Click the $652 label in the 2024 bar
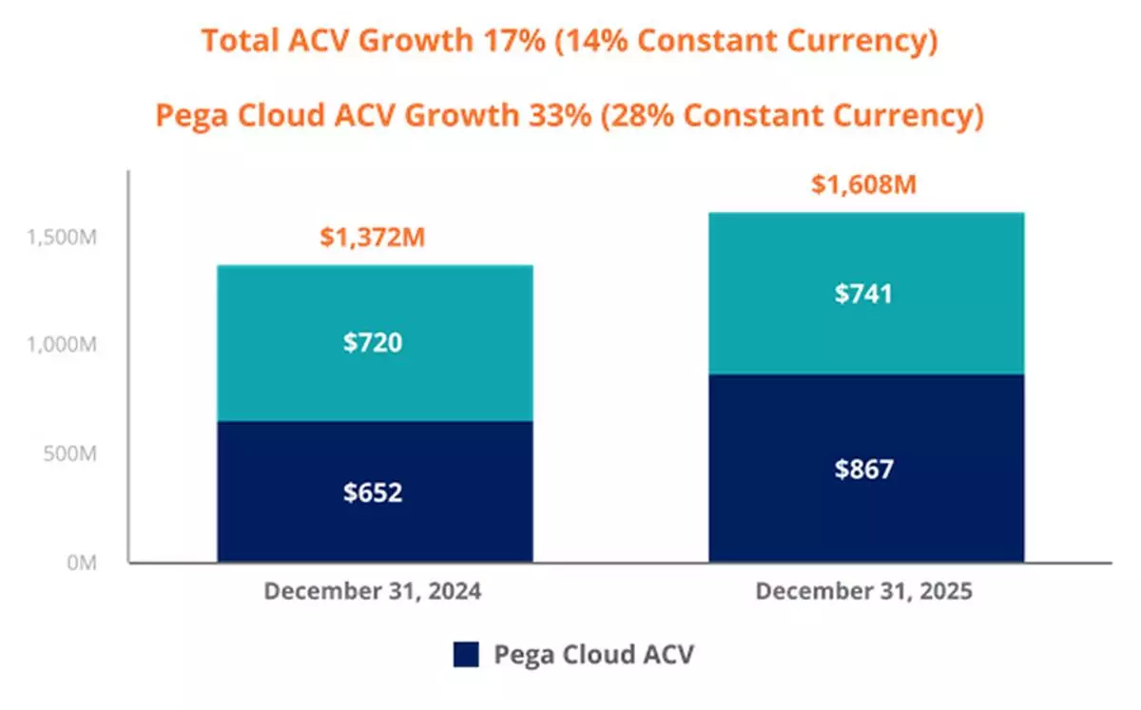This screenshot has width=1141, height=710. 373,493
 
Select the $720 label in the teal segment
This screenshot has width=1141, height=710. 373,342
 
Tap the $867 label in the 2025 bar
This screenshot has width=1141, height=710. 864,470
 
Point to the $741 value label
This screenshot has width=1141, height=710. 864,295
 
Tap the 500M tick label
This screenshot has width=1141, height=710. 71,454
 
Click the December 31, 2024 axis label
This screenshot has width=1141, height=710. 373,591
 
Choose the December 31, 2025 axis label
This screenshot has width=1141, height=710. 863,591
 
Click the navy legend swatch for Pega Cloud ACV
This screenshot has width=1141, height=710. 466,654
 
